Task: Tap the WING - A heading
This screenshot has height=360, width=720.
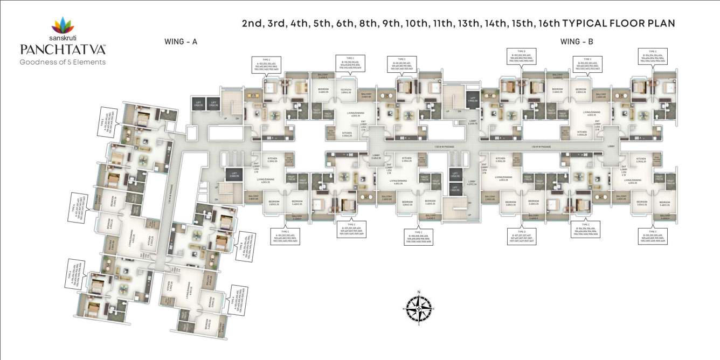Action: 181,41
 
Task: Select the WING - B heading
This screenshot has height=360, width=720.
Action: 577,41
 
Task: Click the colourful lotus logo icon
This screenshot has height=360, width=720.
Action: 63,25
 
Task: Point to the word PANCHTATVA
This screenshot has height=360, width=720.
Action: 63,50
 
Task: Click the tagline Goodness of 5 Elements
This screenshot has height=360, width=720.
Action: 63,61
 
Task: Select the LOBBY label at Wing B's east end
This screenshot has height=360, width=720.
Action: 612,146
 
